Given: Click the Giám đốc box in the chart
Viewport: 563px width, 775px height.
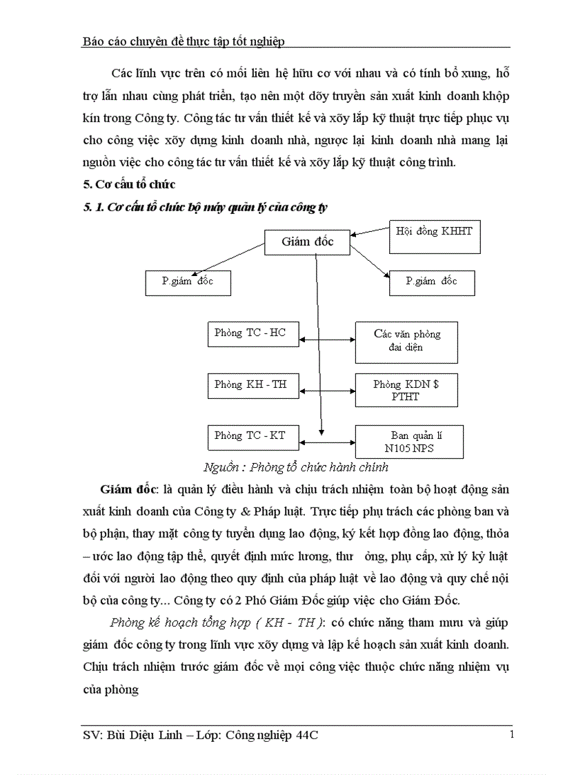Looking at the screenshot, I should pyautogui.click(x=307, y=242).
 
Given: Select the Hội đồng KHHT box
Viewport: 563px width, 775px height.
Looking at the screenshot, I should pyautogui.click(x=435, y=237).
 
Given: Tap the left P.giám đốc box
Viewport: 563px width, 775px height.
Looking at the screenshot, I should pyautogui.click(x=188, y=283).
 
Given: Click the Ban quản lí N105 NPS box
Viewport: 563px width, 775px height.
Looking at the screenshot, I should pyautogui.click(x=408, y=442).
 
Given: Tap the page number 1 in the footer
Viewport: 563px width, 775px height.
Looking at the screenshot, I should pyautogui.click(x=511, y=734).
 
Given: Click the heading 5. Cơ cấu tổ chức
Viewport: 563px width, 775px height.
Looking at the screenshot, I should pyautogui.click(x=128, y=184).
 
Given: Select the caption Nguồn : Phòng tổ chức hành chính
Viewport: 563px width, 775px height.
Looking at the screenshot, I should pyautogui.click(x=296, y=467).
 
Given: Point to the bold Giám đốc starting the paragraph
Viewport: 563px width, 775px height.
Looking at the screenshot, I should pyautogui.click(x=128, y=489).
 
